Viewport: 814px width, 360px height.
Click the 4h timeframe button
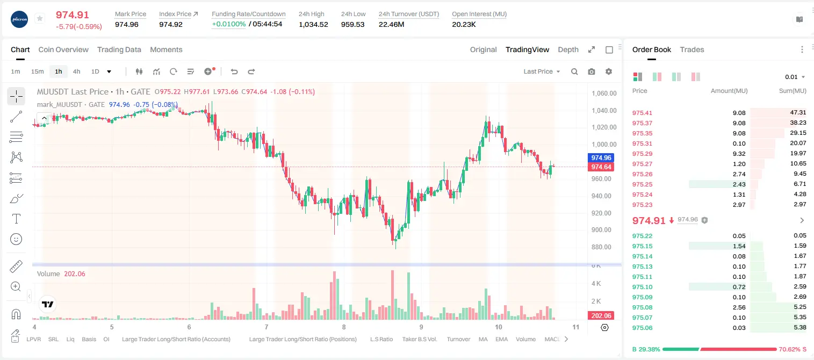[76, 71]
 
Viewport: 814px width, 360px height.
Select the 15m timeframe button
[37, 71]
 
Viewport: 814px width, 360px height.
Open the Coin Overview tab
[63, 49]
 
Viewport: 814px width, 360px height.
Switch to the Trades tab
[692, 49]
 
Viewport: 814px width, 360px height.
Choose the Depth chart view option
[568, 49]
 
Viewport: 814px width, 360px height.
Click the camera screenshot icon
[592, 71]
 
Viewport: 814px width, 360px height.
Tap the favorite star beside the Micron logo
[40, 18]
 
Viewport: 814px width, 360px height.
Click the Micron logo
[19, 19]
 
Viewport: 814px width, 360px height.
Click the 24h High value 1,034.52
[313, 24]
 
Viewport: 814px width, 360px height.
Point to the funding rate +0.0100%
[229, 24]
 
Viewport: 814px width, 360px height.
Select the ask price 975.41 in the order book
[642, 113]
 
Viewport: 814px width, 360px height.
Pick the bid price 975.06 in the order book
[642, 328]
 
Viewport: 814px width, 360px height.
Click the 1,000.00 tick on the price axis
[604, 144]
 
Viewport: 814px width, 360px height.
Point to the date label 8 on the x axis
[344, 327]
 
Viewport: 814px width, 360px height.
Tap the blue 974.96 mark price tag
[601, 157]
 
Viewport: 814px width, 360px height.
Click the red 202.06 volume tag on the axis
[601, 316]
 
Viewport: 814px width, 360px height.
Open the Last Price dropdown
[542, 71]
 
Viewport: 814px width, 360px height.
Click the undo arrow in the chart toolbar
[234, 71]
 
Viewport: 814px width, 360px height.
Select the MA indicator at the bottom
[483, 339]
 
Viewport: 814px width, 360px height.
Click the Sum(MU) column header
[793, 91]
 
